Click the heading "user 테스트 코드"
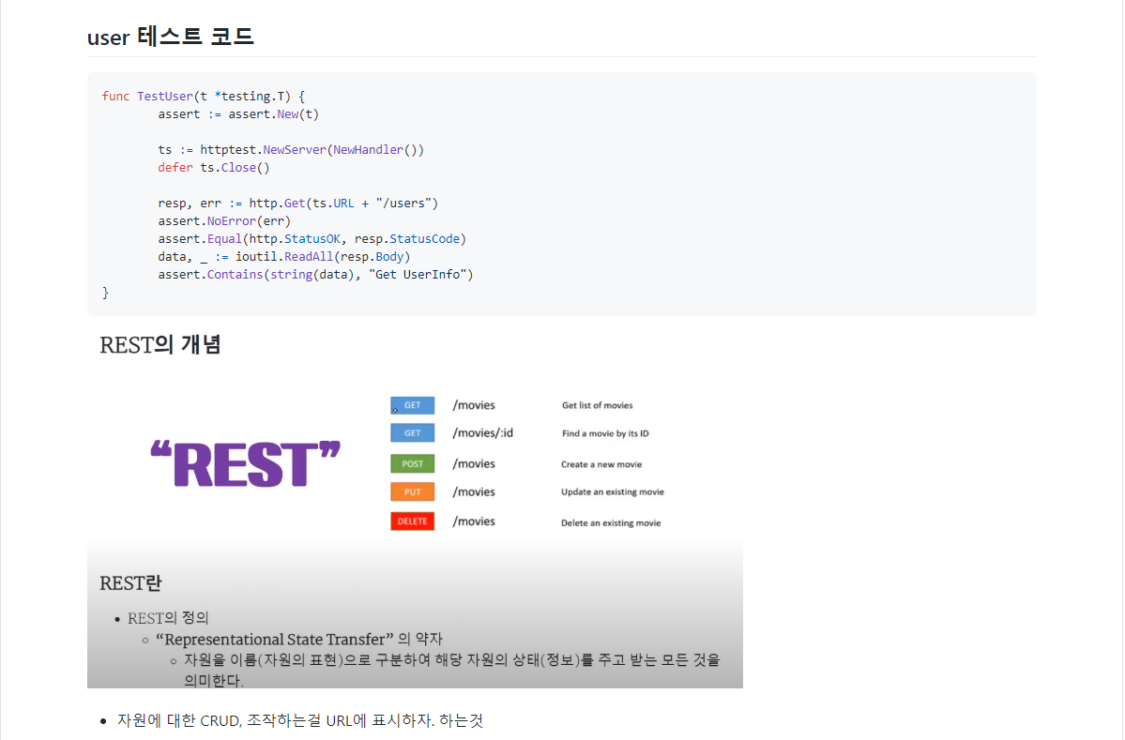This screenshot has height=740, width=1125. tap(170, 37)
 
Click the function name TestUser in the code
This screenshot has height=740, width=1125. tap(164, 96)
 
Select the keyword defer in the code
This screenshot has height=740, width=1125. tap(175, 168)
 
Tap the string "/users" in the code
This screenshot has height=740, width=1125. tap(407, 204)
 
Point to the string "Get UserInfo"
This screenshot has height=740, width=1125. tap(424, 275)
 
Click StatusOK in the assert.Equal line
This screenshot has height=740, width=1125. tap(312, 239)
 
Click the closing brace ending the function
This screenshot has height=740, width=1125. tap(106, 293)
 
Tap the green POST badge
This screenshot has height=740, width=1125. tap(413, 464)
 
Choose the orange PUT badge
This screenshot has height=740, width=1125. tap(413, 492)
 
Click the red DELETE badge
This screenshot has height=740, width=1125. tap(413, 521)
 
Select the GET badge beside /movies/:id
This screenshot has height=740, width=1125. tap(413, 433)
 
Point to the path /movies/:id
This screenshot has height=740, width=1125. tap(482, 433)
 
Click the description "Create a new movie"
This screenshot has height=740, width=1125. tap(601, 464)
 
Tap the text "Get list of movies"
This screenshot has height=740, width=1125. tap(597, 406)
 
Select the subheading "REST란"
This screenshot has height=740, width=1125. tap(130, 583)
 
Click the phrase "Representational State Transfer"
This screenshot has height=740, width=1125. tap(273, 640)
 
